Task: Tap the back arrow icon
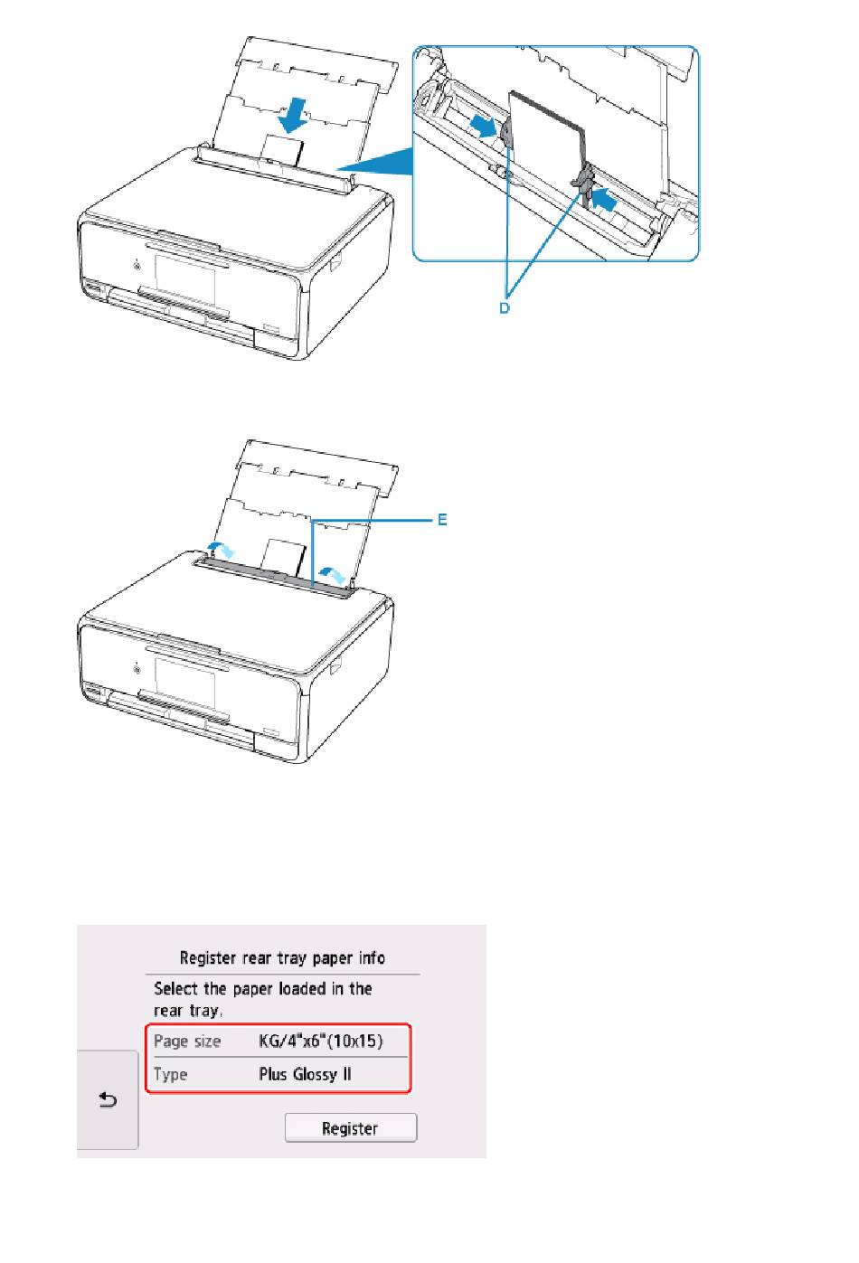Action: point(108,1099)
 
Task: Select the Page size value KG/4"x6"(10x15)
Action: point(320,1041)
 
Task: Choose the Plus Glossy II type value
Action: point(305,1074)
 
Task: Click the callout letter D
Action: point(505,307)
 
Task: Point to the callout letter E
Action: point(442,519)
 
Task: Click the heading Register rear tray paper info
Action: point(282,958)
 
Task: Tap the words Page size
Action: point(186,1041)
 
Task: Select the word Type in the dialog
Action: point(170,1075)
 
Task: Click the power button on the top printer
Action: point(137,264)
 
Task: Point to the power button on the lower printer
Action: point(137,669)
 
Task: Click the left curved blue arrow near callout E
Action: point(221,549)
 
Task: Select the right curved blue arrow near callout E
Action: point(333,575)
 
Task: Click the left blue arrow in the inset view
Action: point(485,126)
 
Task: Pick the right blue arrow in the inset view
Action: point(602,200)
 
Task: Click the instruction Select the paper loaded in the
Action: point(263,989)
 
